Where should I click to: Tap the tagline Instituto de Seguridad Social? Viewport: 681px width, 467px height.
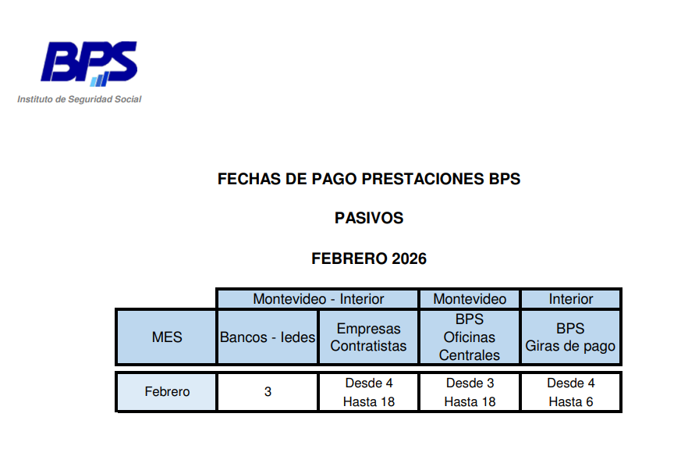[x=80, y=99]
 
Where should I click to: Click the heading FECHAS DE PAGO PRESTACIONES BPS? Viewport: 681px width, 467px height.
[x=369, y=179]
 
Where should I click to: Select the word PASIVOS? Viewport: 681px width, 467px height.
[x=369, y=219]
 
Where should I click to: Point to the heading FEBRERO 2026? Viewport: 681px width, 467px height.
[x=369, y=258]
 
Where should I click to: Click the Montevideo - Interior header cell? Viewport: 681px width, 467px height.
[x=318, y=299]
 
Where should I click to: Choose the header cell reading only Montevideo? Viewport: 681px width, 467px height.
[x=470, y=299]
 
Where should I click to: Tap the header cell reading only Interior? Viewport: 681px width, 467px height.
[x=571, y=299]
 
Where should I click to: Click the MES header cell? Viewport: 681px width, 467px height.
[x=167, y=337]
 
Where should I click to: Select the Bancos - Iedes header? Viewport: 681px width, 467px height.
[x=268, y=337]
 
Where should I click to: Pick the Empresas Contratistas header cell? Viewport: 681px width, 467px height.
[x=368, y=337]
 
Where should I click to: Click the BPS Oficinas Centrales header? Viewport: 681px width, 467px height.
[x=470, y=337]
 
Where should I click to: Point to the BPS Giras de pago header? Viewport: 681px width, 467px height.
[x=570, y=337]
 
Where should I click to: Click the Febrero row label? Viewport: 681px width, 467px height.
[x=167, y=392]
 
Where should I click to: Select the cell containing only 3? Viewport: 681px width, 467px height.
[x=268, y=392]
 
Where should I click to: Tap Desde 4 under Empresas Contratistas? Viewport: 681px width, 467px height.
[x=369, y=383]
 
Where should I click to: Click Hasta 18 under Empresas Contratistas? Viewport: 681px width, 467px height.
[x=369, y=402]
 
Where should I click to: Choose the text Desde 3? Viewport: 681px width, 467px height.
[x=470, y=383]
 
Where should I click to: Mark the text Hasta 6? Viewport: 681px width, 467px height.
[x=571, y=402]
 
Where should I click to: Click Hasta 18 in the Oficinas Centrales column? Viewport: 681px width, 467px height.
[x=470, y=402]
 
